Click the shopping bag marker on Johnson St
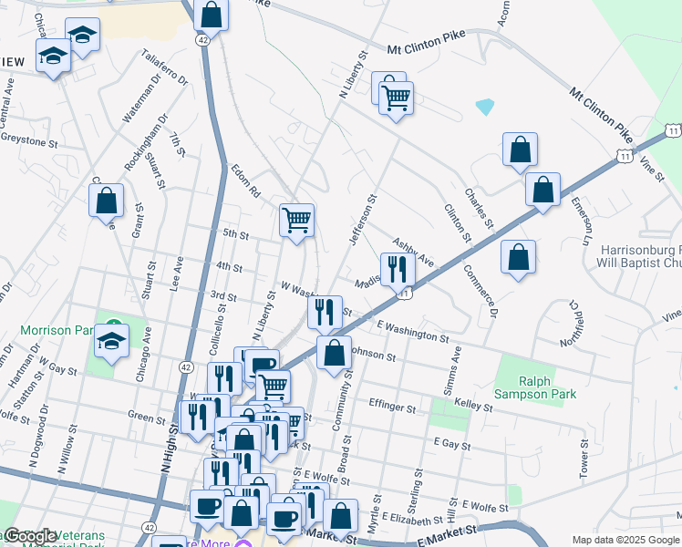point(335,353)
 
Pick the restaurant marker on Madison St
point(397,269)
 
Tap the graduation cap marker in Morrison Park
point(112,342)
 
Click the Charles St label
point(479,209)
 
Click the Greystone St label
point(29,143)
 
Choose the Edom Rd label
point(245,181)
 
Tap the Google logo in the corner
point(31,536)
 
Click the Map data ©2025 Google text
point(625,540)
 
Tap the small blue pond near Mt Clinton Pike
point(484,107)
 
